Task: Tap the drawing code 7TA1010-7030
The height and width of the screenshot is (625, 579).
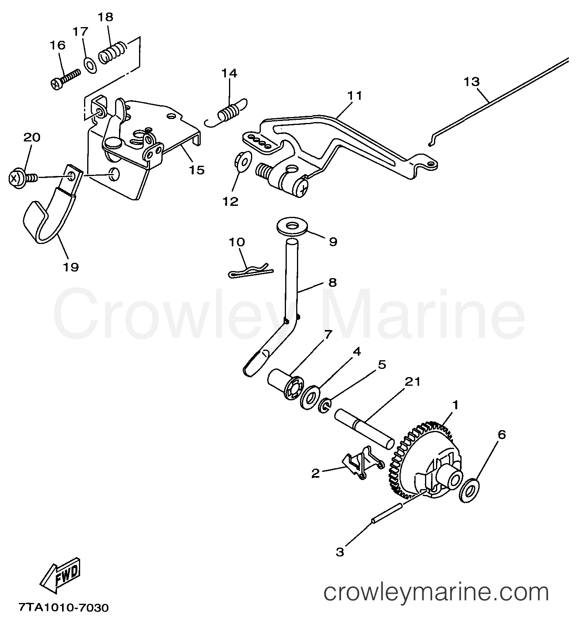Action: coord(63,609)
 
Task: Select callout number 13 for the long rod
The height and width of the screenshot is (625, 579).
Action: coord(471,82)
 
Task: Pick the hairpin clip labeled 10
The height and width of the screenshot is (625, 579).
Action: coord(251,271)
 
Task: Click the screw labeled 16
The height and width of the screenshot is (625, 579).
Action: coord(66,79)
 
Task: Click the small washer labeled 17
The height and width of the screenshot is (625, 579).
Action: coord(90,65)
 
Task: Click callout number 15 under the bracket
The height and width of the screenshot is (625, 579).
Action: coord(197,170)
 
